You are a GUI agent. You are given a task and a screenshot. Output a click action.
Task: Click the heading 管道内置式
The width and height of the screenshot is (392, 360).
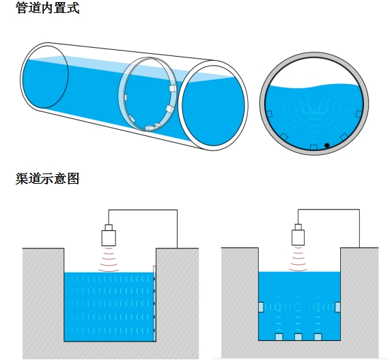click(48, 8)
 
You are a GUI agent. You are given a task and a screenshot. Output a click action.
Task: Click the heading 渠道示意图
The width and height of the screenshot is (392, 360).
click(48, 178)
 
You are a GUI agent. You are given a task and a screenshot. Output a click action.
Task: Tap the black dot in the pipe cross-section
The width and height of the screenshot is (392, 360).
click(326, 146)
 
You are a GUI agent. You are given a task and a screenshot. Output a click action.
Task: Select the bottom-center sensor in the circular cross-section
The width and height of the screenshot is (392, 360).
click(313, 147)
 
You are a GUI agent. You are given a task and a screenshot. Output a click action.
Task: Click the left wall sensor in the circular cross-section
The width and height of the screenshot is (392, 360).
click(269, 114)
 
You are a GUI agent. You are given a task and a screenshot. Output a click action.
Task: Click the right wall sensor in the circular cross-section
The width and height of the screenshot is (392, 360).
click(359, 114)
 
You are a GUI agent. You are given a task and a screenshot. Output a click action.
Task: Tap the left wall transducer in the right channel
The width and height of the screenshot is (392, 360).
click(261, 307)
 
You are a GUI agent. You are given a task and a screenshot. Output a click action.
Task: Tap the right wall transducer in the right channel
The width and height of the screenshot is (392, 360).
click(337, 307)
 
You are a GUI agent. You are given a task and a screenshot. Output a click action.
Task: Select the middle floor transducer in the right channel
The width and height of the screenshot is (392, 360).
click(298, 337)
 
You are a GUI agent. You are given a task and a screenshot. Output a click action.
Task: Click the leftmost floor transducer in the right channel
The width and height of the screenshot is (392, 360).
click(279, 337)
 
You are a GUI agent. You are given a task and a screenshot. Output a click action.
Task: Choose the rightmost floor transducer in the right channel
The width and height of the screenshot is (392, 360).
click(318, 337)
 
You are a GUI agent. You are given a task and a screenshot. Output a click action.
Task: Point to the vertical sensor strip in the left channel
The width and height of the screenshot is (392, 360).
click(154, 303)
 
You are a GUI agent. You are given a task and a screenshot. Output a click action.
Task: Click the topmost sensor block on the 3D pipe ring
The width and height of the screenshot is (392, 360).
click(173, 88)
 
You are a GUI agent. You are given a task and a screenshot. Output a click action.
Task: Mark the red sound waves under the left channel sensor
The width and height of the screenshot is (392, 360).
click(109, 260)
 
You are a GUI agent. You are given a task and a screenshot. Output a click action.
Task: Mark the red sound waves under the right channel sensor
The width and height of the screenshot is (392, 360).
click(298, 259)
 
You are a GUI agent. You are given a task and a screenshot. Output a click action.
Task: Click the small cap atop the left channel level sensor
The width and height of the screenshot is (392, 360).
click(109, 227)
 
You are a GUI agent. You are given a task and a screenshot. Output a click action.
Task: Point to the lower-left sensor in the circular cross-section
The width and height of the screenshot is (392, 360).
click(285, 137)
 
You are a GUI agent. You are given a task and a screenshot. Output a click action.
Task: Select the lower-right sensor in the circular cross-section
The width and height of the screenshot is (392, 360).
click(344, 137)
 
